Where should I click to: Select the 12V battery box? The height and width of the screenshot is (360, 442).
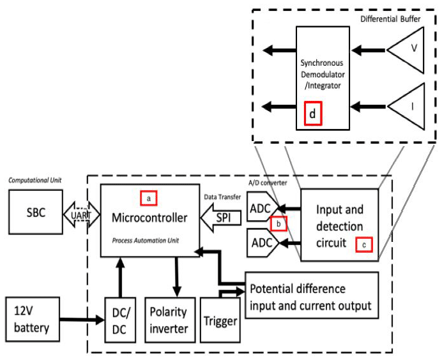tap(36, 319)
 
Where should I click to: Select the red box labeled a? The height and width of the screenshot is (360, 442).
tap(149, 199)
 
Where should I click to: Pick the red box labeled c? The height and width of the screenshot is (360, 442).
tap(363, 243)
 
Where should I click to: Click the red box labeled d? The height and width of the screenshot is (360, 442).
tap(312, 113)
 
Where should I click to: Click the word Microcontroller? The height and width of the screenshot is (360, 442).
tap(149, 218)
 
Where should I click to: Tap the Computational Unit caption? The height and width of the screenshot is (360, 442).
tap(33, 181)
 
